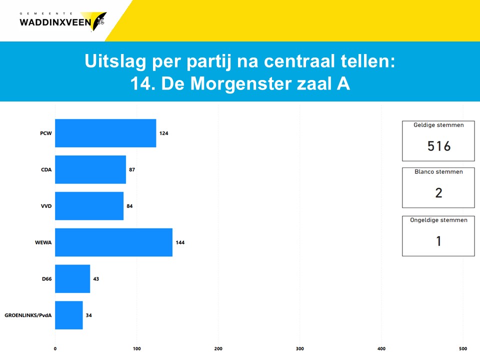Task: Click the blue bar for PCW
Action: (x=105, y=133)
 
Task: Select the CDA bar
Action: (x=90, y=169)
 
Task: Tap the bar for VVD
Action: (x=89, y=206)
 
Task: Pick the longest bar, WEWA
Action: (x=114, y=242)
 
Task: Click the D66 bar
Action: (x=72, y=279)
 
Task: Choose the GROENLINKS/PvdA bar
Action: (x=69, y=315)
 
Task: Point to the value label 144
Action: (x=180, y=242)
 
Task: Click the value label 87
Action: (x=132, y=169)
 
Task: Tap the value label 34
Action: (x=89, y=315)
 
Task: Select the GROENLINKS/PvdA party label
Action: (x=28, y=315)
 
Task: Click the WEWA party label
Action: (x=43, y=242)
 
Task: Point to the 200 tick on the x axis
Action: (x=218, y=348)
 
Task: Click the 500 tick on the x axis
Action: (x=463, y=348)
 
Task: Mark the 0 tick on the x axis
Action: (x=55, y=348)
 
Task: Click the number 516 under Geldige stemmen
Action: (x=439, y=146)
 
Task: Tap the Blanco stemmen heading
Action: (x=438, y=171)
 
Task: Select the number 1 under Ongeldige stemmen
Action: (x=438, y=241)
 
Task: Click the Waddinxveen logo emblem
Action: (x=96, y=21)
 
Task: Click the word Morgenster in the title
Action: (x=240, y=83)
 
